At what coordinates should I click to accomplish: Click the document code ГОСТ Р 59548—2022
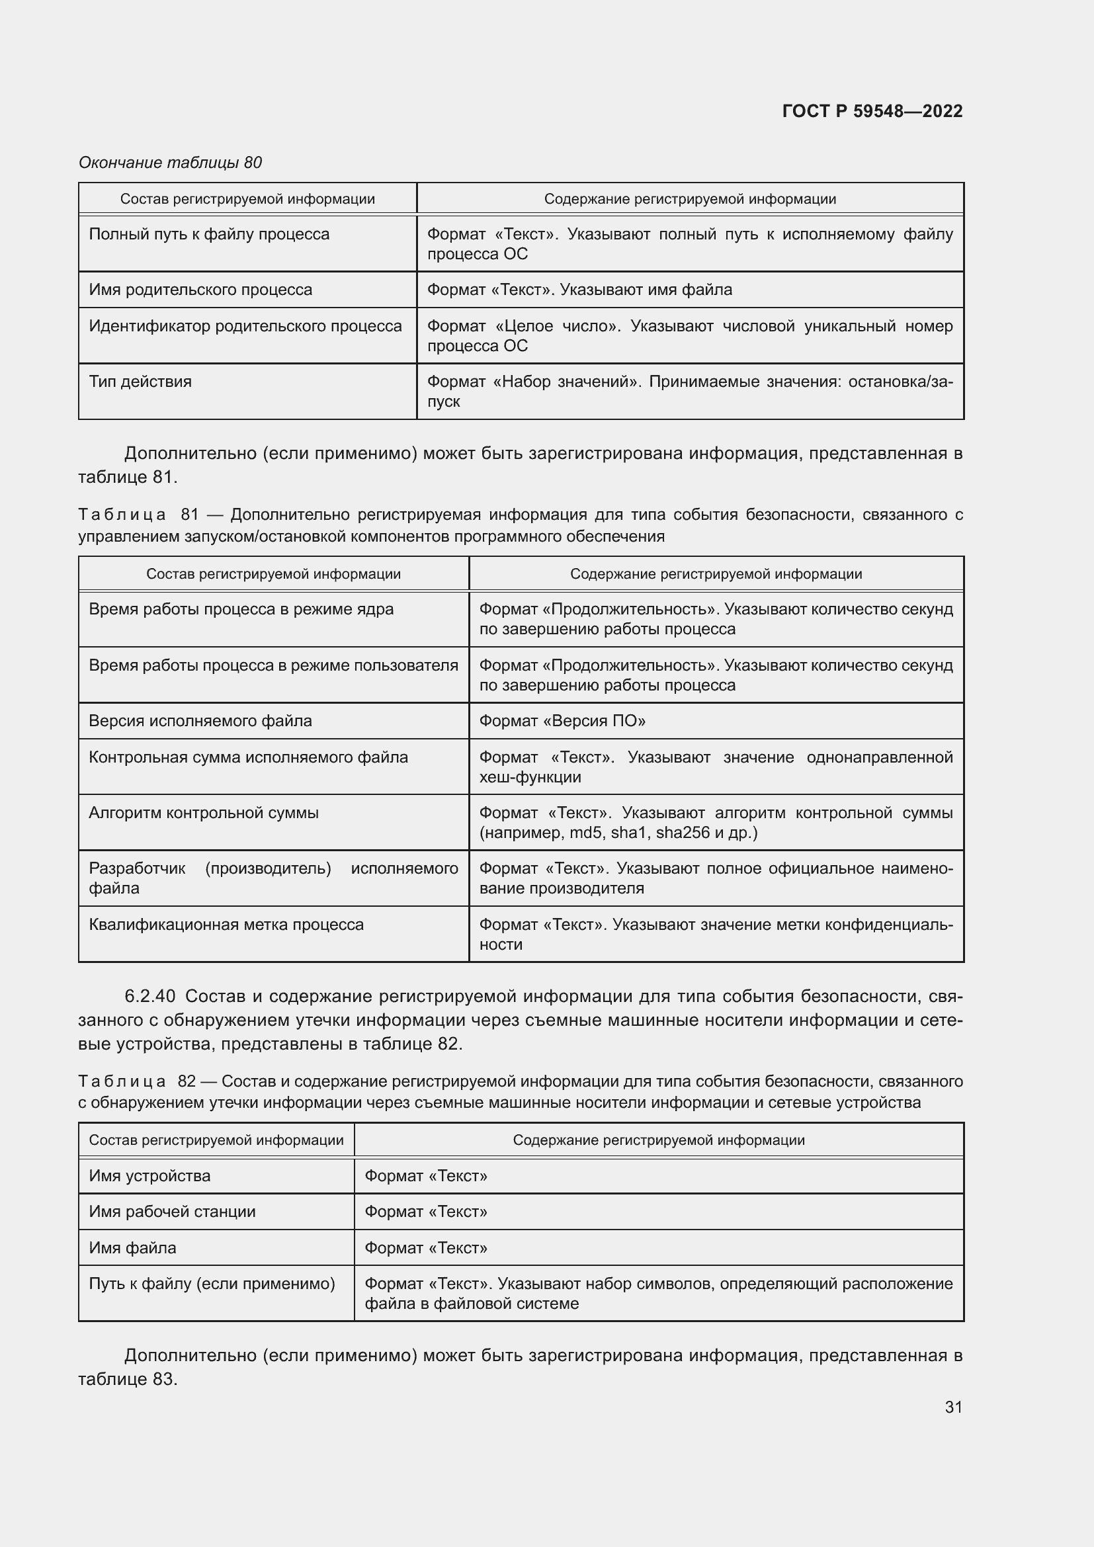point(872,111)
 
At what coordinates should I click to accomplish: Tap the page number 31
point(953,1407)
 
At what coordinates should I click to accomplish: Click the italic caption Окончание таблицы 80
point(171,163)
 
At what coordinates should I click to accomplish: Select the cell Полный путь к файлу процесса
point(210,235)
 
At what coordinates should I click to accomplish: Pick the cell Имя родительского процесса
point(201,290)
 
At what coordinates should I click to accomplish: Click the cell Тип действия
point(140,382)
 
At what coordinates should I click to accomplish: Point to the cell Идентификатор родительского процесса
point(245,326)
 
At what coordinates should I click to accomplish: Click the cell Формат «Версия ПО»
point(562,721)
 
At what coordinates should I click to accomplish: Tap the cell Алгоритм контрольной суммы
point(204,813)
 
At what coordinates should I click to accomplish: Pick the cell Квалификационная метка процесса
point(226,925)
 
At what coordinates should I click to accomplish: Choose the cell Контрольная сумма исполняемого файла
point(249,757)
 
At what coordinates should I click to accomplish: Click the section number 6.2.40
point(150,996)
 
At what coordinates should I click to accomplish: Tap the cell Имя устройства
point(149,1176)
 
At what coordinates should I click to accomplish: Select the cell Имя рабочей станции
point(173,1212)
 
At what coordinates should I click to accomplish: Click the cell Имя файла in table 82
point(133,1248)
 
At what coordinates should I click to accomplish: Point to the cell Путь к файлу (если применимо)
point(212,1284)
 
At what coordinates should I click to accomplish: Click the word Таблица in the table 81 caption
point(122,515)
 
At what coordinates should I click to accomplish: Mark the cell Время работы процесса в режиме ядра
point(241,609)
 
